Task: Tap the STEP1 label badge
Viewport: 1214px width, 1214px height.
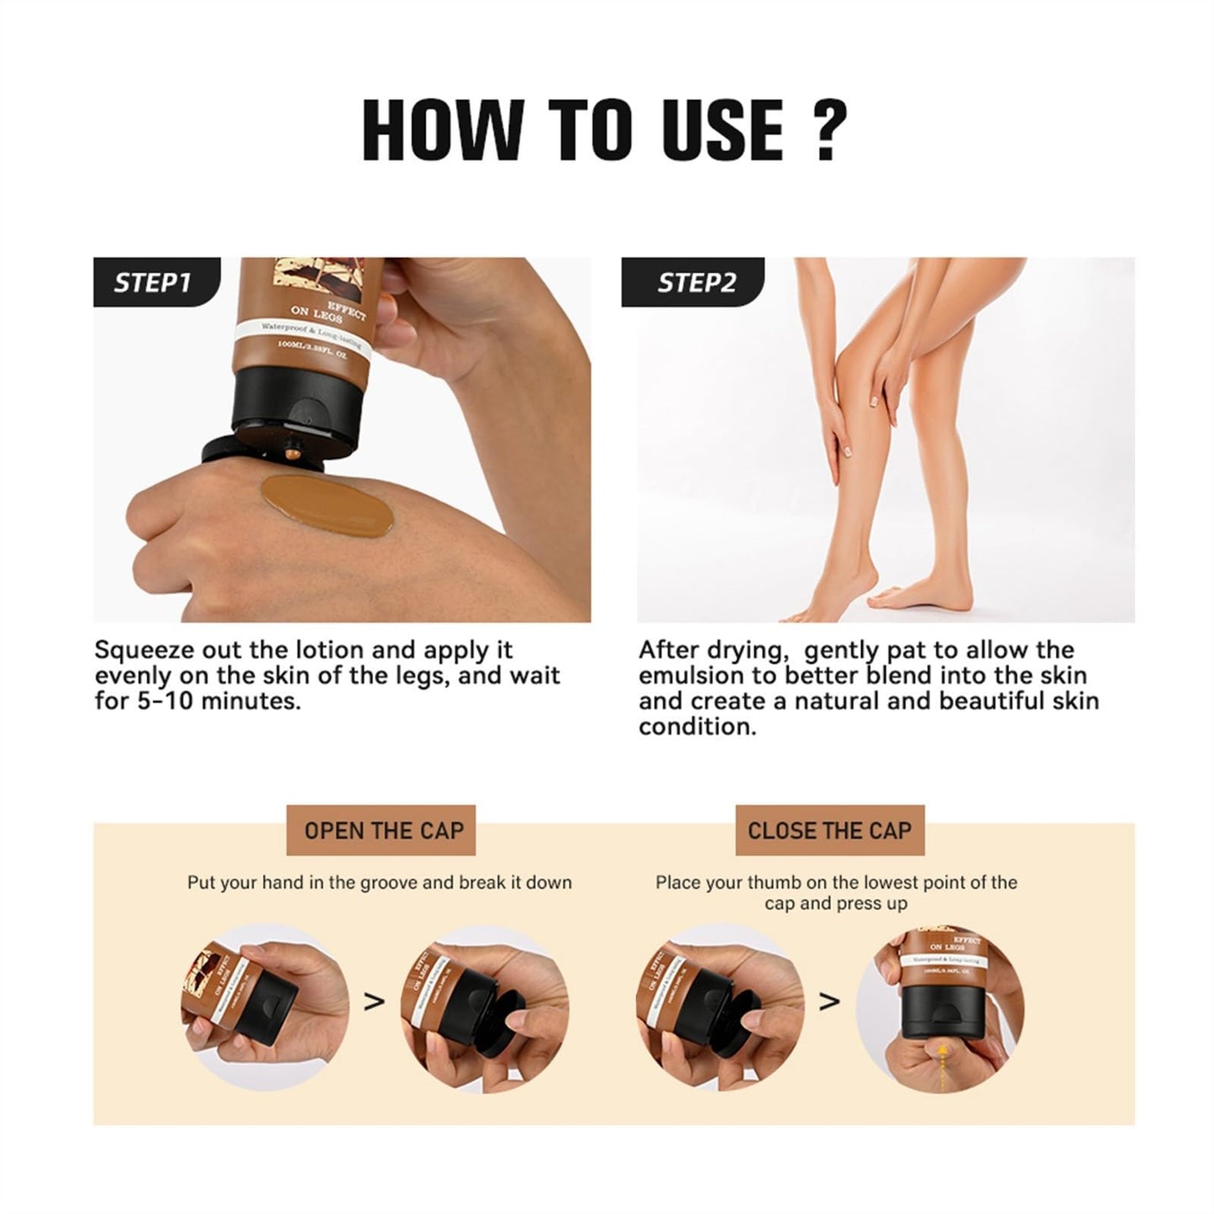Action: coord(153,282)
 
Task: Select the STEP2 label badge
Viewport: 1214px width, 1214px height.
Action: coord(696,282)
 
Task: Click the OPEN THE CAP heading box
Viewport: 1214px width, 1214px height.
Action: coord(383,831)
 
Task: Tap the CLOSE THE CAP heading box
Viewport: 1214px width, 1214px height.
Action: coord(829,831)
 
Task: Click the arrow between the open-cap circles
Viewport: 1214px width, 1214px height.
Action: coord(374,1001)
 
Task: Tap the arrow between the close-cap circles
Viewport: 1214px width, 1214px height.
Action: coord(829,1001)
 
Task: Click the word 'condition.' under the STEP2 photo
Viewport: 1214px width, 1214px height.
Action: coord(696,728)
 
